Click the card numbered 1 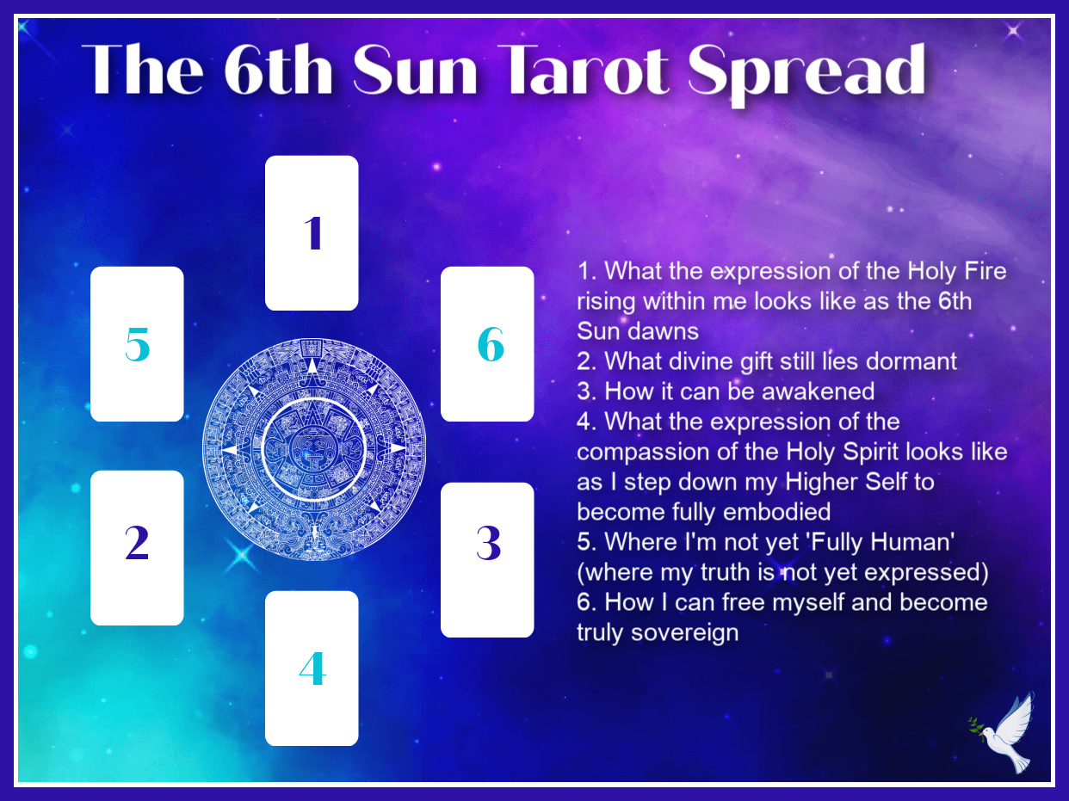(x=312, y=233)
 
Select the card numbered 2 (x=137, y=547)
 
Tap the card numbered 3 (x=487, y=559)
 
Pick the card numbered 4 (x=312, y=668)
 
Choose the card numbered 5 (x=137, y=344)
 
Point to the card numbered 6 (x=487, y=344)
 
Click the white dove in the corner (x=1012, y=733)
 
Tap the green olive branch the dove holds (x=977, y=727)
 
